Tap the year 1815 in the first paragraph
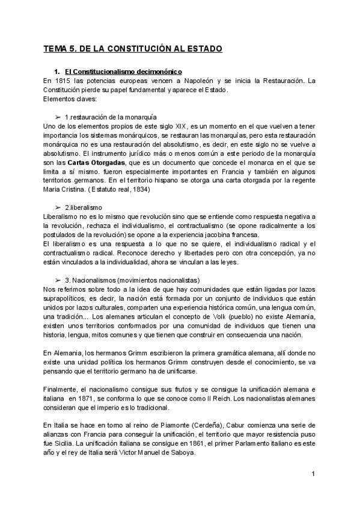tap(59, 81)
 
